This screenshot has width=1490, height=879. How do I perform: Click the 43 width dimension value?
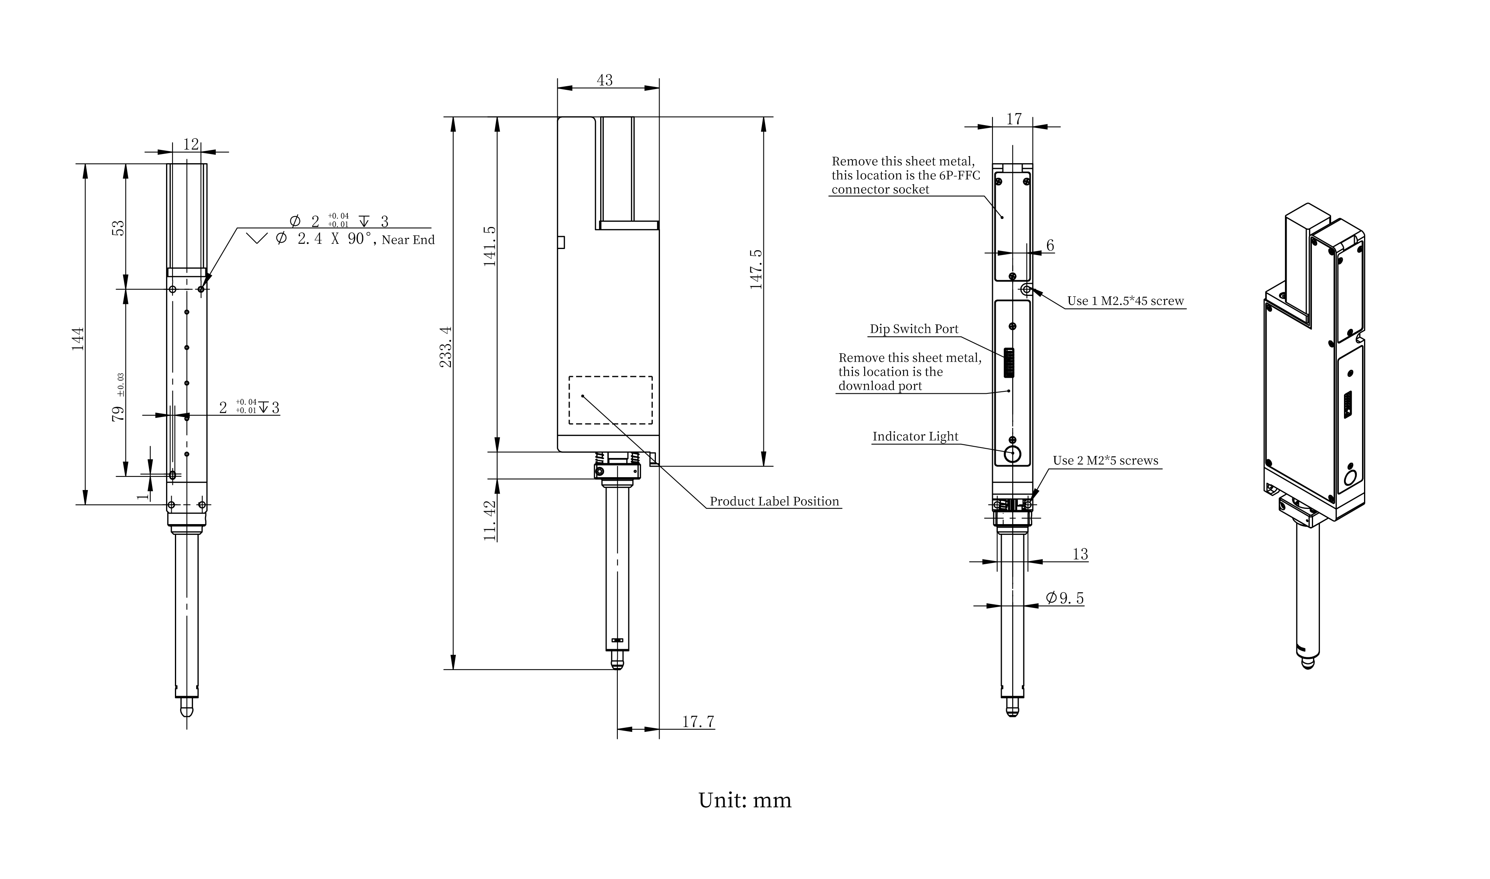click(x=604, y=80)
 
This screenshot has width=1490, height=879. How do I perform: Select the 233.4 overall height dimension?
click(x=446, y=346)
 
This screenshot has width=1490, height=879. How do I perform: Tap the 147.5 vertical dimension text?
click(x=756, y=269)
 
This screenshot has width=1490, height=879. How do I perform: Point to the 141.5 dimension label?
click(x=489, y=246)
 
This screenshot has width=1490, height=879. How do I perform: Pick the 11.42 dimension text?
click(x=489, y=521)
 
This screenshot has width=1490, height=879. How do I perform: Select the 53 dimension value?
click(x=118, y=228)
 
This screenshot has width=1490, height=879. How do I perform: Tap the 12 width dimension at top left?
click(x=191, y=144)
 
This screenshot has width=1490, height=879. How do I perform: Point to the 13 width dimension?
click(x=1080, y=554)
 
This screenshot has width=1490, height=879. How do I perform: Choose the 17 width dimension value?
click(x=1014, y=119)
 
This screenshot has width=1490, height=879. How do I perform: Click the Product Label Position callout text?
click(x=774, y=502)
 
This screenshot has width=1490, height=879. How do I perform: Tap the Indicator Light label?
click(x=915, y=437)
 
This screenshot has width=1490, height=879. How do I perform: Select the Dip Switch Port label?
click(x=913, y=329)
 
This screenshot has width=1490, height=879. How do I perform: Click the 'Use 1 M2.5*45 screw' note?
click(x=1125, y=301)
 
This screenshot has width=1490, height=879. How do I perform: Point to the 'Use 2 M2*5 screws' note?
click(x=1105, y=461)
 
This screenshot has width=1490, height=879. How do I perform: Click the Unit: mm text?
click(x=745, y=801)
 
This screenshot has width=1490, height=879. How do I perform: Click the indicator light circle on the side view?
click(x=1013, y=455)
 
